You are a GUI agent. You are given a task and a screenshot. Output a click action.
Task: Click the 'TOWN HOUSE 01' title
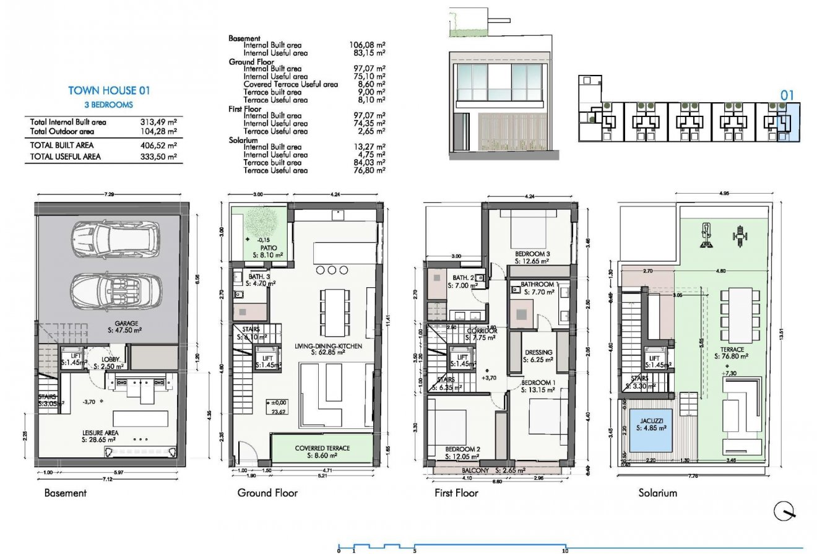pyautogui.click(x=108, y=90)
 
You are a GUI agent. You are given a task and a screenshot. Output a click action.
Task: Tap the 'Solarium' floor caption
pyautogui.click(x=657, y=493)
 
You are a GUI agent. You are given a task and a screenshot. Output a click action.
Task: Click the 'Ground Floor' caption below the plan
pyautogui.click(x=267, y=493)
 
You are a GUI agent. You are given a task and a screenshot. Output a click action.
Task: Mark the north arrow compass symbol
pyautogui.click(x=784, y=511)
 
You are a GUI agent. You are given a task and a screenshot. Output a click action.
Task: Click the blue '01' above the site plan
pyautogui.click(x=787, y=95)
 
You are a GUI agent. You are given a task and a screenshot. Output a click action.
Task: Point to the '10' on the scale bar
pyautogui.click(x=564, y=550)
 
